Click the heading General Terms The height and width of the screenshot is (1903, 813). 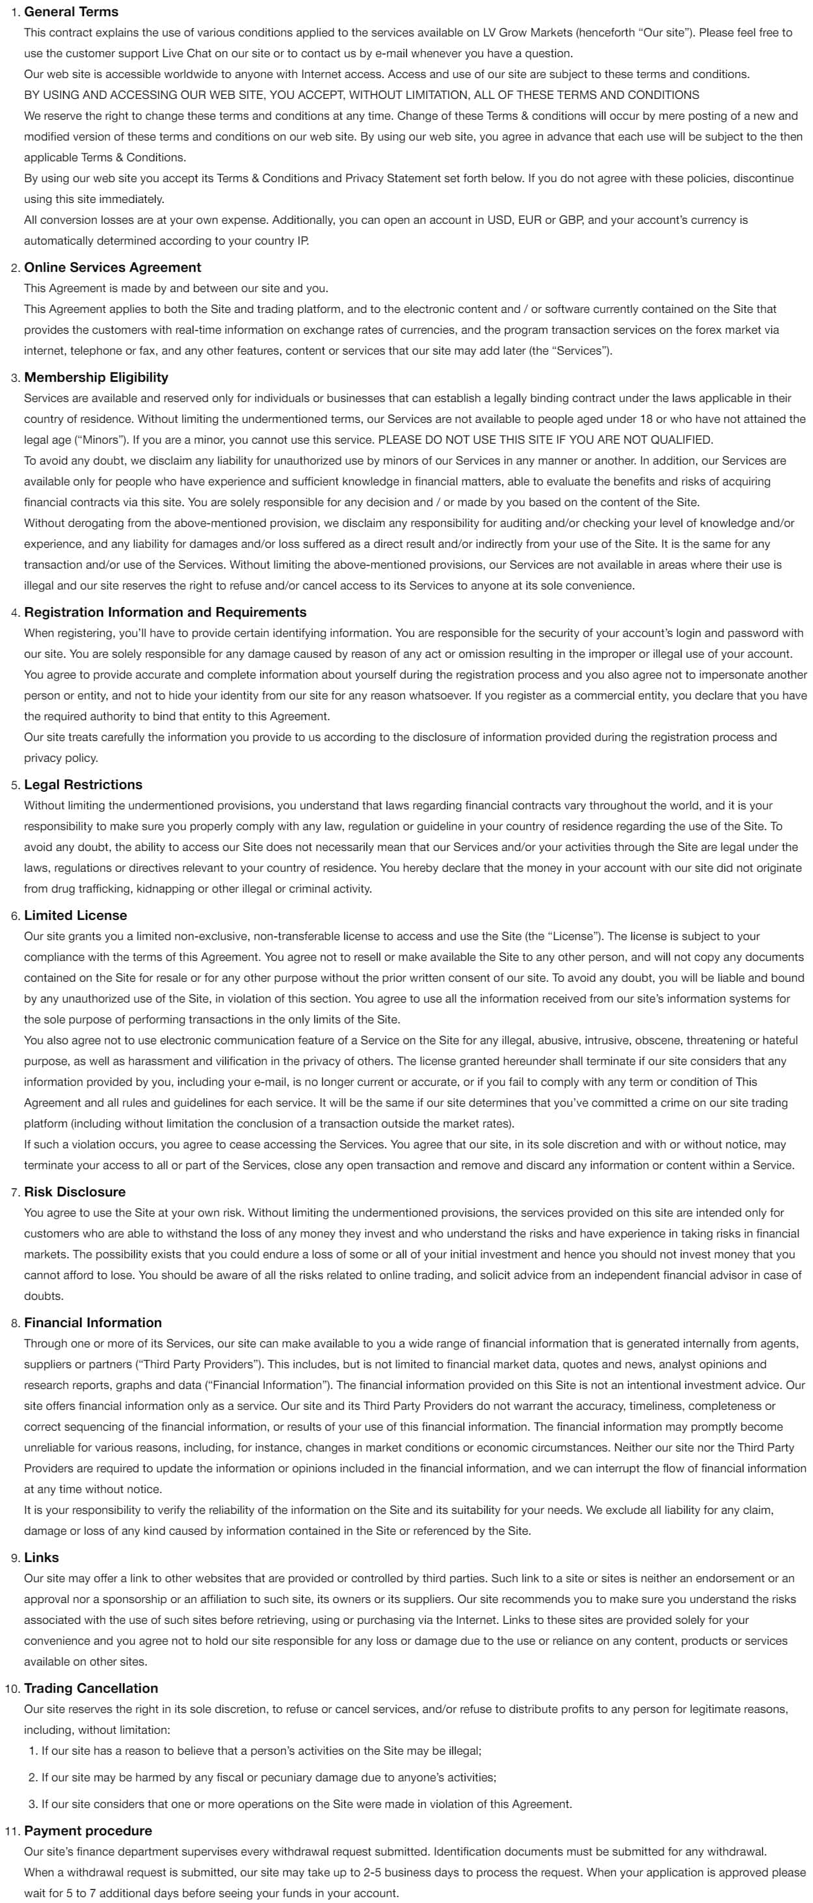pos(71,12)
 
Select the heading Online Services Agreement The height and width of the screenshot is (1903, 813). pos(113,267)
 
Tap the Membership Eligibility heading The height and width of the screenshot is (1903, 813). pos(96,377)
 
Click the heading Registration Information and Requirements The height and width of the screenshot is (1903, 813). pos(165,612)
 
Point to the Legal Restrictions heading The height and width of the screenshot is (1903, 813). pos(83,785)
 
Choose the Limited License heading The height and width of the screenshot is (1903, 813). pos(76,915)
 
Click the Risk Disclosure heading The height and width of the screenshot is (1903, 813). pos(75,1192)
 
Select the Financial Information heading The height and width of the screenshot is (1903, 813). pos(92,1323)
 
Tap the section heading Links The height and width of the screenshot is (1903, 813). pos(42,1558)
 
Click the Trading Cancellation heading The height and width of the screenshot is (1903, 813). pos(91,1688)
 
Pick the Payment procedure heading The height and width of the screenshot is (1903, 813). pos(88,1831)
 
